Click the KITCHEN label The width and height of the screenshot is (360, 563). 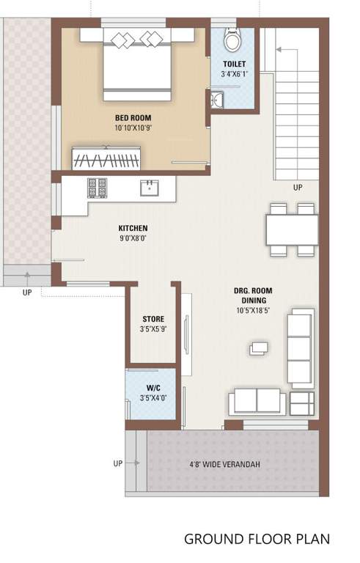tap(133, 228)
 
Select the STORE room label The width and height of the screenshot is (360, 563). tap(153, 319)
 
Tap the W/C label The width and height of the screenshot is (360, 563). tap(153, 387)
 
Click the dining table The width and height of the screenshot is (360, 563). tap(292, 230)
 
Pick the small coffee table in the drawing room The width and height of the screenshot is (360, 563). tap(259, 348)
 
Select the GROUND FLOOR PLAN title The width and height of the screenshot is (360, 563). tap(257, 540)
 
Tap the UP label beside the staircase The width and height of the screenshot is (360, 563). tap(298, 188)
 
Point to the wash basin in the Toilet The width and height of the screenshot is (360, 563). tap(216, 100)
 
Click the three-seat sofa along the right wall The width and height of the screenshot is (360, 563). tap(300, 348)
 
